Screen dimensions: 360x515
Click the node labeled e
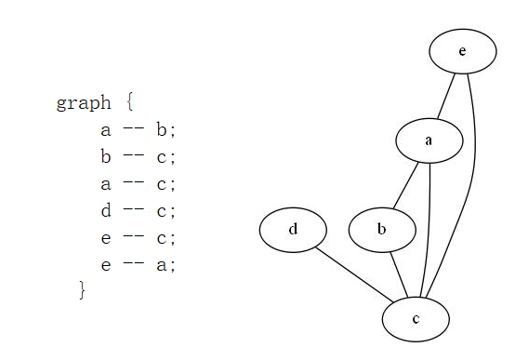462,51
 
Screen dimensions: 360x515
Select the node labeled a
429,140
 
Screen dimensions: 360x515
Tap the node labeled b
382,229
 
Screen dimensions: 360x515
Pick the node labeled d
293,229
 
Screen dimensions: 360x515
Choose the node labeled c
416,319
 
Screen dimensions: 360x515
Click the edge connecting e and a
446,96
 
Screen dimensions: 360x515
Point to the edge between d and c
354,273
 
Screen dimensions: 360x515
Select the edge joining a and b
405,184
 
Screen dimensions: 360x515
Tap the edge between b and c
399,273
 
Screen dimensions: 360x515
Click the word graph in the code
83,103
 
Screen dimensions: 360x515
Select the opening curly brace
130,103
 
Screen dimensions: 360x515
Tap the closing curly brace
82,291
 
